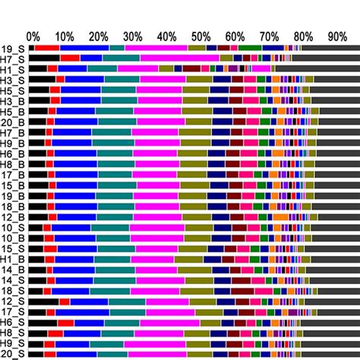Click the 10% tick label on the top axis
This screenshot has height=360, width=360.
[x=65, y=36]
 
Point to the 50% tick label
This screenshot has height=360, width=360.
[x=201, y=36]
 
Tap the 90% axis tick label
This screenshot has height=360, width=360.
[x=336, y=36]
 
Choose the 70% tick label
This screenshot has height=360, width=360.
[x=269, y=36]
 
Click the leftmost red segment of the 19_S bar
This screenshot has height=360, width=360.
[x=47, y=48]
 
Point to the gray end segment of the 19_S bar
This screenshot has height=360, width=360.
[x=327, y=48]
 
